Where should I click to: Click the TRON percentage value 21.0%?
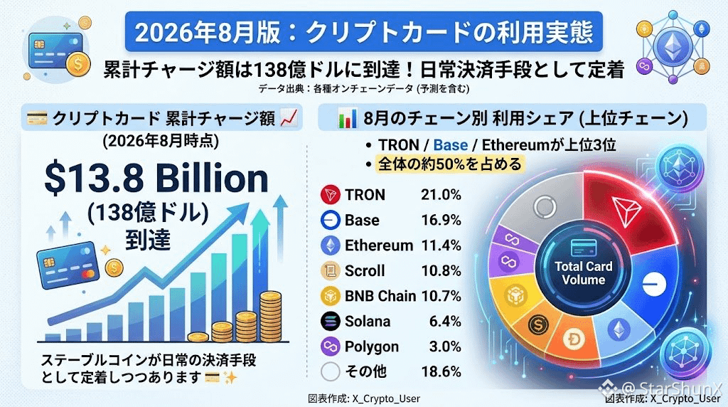[x=441, y=194]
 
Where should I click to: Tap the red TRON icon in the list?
[x=330, y=194]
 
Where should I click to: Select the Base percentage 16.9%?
[x=441, y=220]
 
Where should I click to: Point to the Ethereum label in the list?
[x=378, y=245]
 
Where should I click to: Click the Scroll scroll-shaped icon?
[x=330, y=271]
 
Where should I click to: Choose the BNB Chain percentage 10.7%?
[x=441, y=296]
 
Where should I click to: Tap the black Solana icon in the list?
[x=330, y=321]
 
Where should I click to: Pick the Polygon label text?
[x=371, y=347]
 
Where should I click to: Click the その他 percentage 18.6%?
[x=441, y=371]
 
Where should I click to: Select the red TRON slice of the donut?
[x=627, y=209]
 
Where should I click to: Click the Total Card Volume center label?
[x=583, y=273]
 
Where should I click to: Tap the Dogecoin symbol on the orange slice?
[x=574, y=339]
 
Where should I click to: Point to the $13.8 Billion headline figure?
[x=156, y=179]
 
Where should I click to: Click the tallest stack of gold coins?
[x=270, y=317]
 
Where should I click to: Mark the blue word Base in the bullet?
[x=450, y=145]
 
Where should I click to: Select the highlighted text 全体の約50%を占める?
[x=450, y=164]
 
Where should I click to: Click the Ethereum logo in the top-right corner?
[x=673, y=45]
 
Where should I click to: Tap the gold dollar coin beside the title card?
[x=77, y=64]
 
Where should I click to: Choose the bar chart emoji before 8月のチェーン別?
[x=347, y=119]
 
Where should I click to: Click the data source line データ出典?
[x=363, y=88]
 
